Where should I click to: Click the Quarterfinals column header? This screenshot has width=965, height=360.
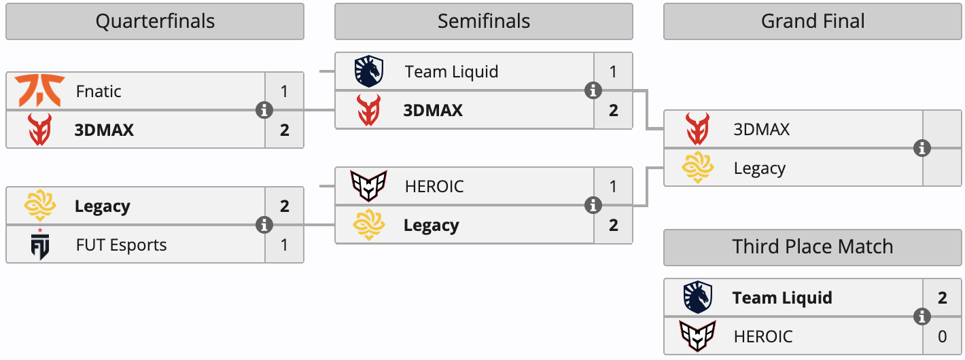pos(155,22)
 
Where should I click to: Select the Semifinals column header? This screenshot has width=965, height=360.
pos(484,22)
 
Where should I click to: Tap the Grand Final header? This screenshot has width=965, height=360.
pos(813,22)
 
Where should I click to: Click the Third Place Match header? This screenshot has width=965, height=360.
pos(813,247)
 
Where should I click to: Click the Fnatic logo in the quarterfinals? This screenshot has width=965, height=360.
pos(39,90)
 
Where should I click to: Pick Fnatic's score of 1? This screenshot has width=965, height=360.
pos(284,91)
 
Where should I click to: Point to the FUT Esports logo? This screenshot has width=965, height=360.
pos(40,244)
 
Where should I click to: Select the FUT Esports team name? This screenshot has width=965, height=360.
pos(121,245)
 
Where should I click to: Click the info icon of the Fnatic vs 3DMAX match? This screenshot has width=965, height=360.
pos(264,110)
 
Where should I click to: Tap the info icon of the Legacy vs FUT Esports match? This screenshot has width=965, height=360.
pos(264,225)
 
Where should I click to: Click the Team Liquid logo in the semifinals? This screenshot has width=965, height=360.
pos(369,71)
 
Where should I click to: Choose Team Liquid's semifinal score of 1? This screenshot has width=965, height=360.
pos(613,71)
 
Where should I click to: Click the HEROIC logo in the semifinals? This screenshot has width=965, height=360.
pos(369,186)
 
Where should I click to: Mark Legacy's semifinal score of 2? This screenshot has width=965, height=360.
pos(614,226)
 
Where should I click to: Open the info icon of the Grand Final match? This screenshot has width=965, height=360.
pos(922,148)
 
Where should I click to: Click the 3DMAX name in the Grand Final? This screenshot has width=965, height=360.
pos(761,129)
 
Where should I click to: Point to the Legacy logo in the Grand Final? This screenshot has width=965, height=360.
pos(698,167)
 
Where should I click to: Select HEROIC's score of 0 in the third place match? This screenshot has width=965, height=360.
pos(942,336)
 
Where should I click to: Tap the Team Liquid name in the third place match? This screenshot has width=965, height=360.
pos(782,298)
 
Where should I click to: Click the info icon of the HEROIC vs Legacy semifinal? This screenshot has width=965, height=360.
pos(593,205)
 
